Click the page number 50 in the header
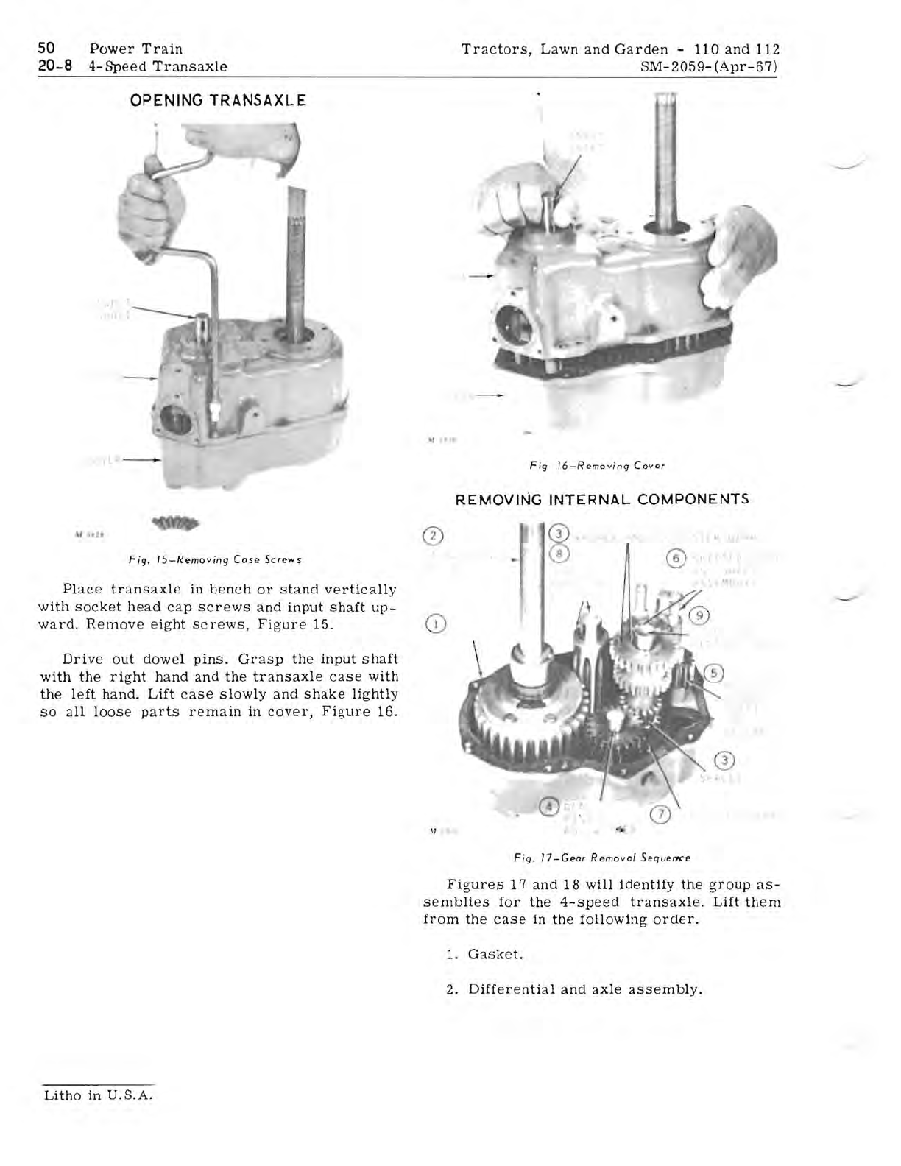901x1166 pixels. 47,49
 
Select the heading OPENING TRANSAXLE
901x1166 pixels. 218,100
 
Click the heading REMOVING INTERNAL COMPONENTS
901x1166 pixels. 602,499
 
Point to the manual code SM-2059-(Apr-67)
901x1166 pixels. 711,67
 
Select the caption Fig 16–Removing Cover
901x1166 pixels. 597,465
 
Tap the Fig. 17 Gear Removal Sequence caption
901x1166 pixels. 601,858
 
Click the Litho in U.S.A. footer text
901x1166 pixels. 98,1095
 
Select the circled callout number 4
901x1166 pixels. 548,807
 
